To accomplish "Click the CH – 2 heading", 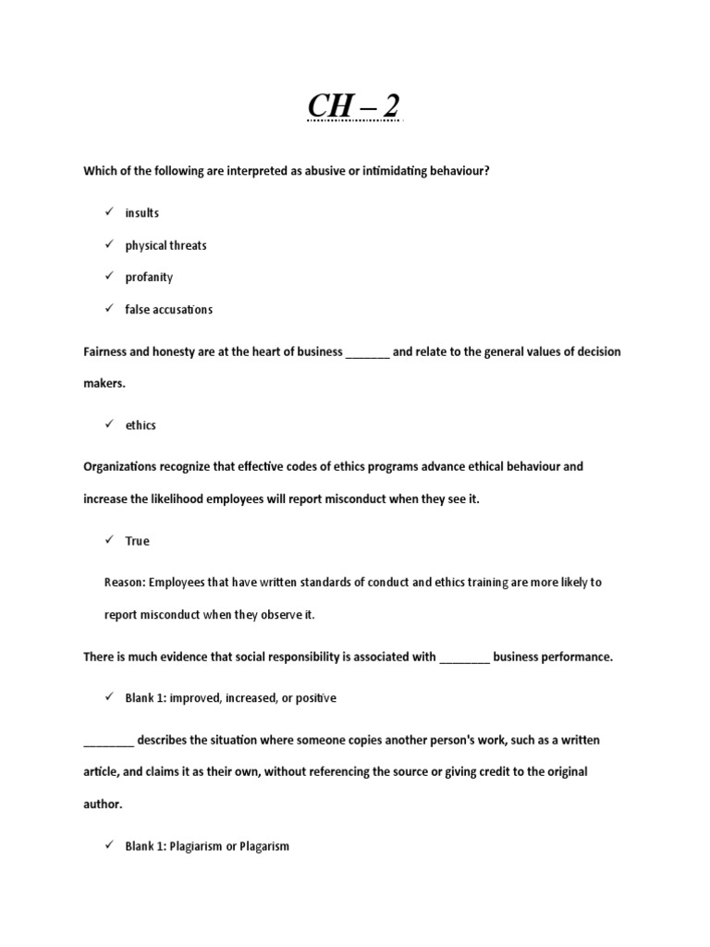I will pyautogui.click(x=355, y=106).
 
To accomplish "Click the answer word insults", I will pyautogui.click(x=142, y=213).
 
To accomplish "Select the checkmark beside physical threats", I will pyautogui.click(x=108, y=245).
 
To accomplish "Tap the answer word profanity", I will pyautogui.click(x=149, y=277).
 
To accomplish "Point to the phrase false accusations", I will pyautogui.click(x=169, y=310).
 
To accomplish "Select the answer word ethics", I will pyautogui.click(x=141, y=425).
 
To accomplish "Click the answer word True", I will pyautogui.click(x=137, y=541).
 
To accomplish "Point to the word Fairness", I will pyautogui.click(x=107, y=352).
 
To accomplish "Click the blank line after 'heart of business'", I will pyautogui.click(x=367, y=354).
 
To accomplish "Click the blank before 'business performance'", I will pyautogui.click(x=464, y=658).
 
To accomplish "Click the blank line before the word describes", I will pyautogui.click(x=109, y=742).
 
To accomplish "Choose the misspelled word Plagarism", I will pyautogui.click(x=265, y=846).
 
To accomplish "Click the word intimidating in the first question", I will pyautogui.click(x=387, y=171).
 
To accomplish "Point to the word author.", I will pyautogui.click(x=102, y=805).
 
